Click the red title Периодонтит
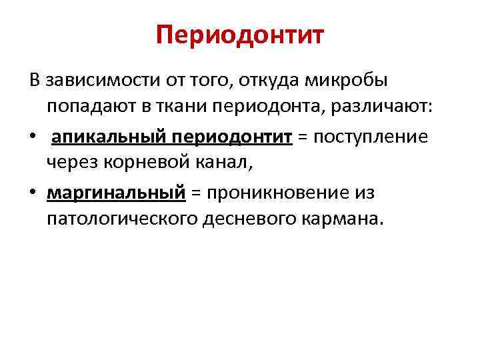[x=240, y=35]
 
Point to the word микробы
[x=350, y=81]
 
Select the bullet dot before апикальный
[x=33, y=137]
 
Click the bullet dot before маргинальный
[x=33, y=193]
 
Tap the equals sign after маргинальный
[x=195, y=193]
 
